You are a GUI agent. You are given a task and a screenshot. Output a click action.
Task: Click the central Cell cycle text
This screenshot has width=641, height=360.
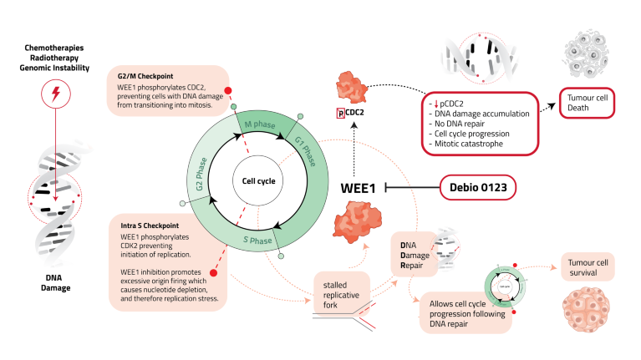253,181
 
